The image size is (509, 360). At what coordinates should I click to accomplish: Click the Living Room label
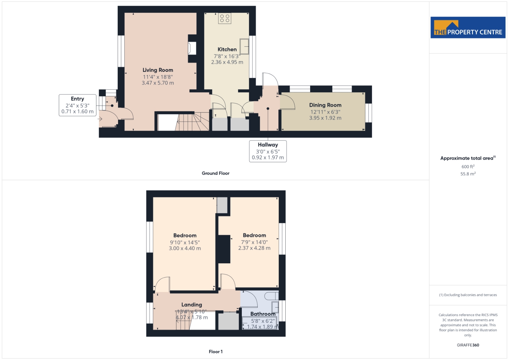click(158, 70)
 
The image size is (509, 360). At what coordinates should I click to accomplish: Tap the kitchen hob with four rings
click(225, 18)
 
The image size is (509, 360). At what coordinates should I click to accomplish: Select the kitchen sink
click(244, 46)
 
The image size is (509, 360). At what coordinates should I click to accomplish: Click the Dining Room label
click(325, 105)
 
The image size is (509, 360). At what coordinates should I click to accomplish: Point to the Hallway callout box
click(268, 151)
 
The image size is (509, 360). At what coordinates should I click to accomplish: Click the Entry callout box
click(78, 105)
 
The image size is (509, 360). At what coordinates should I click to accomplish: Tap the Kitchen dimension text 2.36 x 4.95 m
click(227, 62)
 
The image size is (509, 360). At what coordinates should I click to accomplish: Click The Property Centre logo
click(468, 27)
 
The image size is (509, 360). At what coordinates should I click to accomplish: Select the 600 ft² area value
click(468, 167)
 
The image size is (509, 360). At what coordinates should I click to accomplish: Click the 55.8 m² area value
click(468, 174)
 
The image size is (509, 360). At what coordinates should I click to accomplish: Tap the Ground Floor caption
click(215, 173)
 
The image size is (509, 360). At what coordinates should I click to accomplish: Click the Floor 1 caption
click(215, 352)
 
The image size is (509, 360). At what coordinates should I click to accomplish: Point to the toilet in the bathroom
click(272, 296)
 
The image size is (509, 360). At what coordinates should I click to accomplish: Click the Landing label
click(192, 305)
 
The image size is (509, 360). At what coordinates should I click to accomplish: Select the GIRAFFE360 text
click(468, 345)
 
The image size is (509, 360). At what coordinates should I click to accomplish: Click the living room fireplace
click(192, 48)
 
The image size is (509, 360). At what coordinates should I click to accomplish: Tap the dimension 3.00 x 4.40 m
click(185, 248)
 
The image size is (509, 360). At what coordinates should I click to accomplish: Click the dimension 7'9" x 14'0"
click(254, 242)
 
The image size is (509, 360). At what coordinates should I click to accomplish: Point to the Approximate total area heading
click(468, 158)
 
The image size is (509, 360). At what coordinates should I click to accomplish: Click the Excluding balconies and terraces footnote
click(468, 295)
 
